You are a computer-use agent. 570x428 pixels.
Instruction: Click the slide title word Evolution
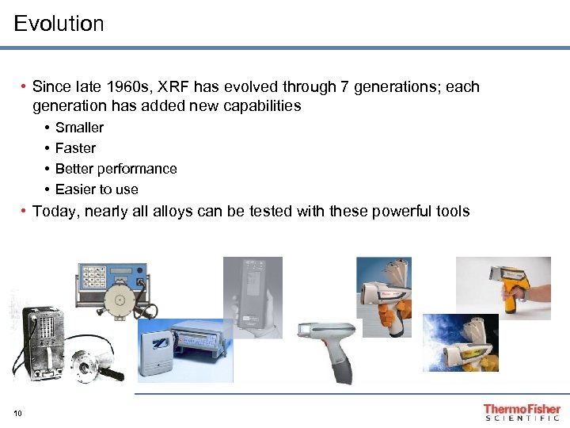[x=59, y=24]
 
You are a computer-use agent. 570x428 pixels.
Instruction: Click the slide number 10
[x=18, y=412]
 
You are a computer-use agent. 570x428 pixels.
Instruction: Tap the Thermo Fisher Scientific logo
[x=522, y=412]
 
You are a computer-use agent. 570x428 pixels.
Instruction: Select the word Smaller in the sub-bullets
[x=79, y=128]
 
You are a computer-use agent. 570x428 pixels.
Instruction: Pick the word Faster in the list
[x=75, y=148]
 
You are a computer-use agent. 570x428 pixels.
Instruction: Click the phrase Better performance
[x=116, y=169]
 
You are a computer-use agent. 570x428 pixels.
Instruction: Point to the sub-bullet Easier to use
[x=97, y=189]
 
